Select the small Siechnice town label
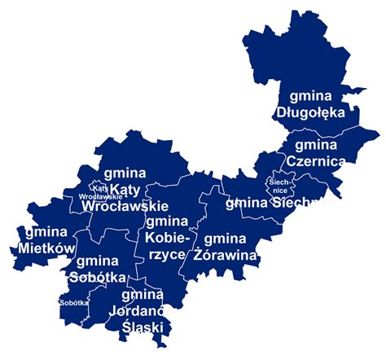coord(274,186)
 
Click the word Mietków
coord(46,248)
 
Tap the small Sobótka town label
coord(74,302)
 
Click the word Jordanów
coord(143,310)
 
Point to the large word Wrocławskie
coord(125,207)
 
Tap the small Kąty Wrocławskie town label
coord(101,192)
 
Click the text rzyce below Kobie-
coord(166,254)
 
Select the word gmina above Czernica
coord(315,144)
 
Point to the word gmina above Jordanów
coord(143,294)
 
